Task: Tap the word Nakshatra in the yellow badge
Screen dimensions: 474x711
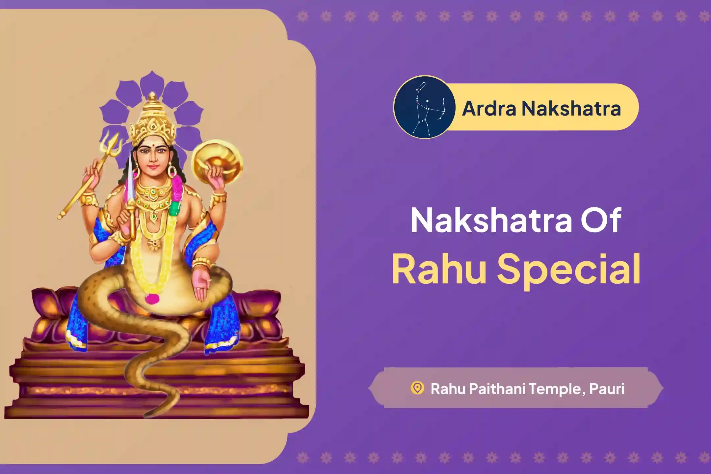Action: click(x=571, y=108)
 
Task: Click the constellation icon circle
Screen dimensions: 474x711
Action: click(x=424, y=107)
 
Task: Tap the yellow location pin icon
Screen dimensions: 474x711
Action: click(x=417, y=388)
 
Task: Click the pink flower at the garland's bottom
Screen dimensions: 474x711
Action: click(x=152, y=298)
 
